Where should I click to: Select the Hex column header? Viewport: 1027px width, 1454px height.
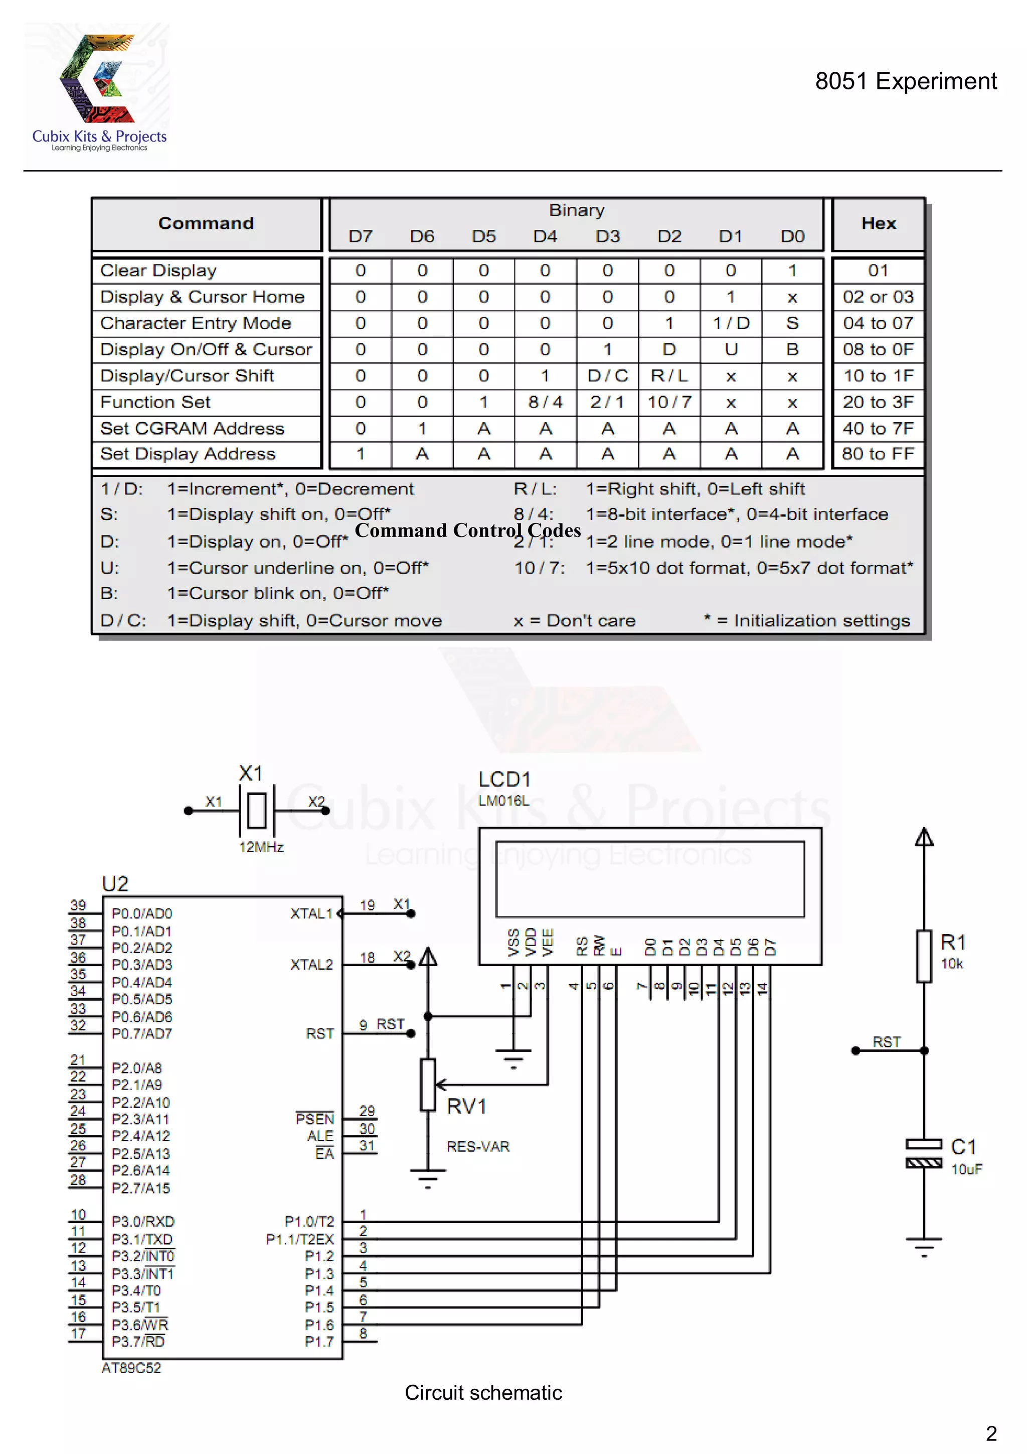[878, 223]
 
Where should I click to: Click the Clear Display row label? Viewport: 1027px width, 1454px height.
[158, 271]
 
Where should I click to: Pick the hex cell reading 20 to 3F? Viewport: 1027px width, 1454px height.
[878, 402]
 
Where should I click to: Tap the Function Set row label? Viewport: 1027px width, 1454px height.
[155, 402]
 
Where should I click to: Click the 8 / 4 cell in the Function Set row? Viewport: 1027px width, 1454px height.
[545, 402]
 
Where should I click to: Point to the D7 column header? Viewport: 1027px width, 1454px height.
[360, 237]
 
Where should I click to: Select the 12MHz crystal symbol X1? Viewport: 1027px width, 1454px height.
[256, 811]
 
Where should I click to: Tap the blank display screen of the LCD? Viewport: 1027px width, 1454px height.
[650, 879]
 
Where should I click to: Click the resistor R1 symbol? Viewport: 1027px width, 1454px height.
[924, 956]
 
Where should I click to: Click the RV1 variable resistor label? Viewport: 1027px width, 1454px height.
[466, 1106]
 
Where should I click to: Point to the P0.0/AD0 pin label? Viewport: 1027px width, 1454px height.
[142, 913]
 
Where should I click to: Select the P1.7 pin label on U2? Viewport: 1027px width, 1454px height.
[319, 1341]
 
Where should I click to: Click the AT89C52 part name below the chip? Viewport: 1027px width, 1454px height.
[131, 1368]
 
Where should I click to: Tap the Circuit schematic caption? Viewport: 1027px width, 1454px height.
[483, 1393]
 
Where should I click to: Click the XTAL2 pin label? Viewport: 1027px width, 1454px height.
[311, 965]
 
